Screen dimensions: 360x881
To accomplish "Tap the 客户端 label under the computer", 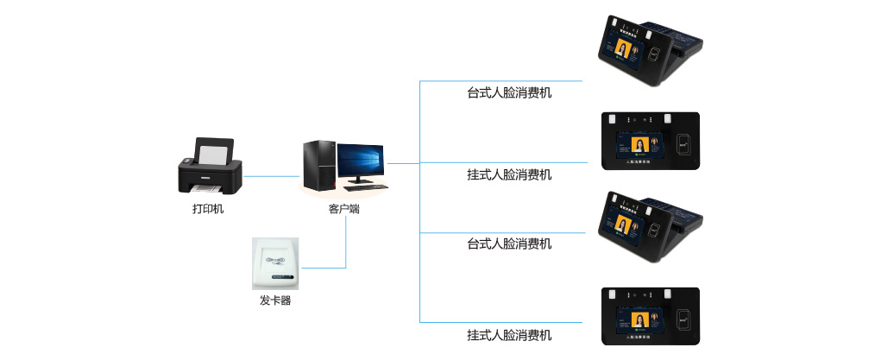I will pyautogui.click(x=344, y=208).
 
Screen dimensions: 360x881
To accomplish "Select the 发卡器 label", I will pyautogui.click(x=275, y=300).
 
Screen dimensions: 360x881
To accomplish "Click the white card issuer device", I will pyautogui.click(x=275, y=264).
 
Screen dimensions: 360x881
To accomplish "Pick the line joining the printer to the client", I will pyautogui.click(x=271, y=176).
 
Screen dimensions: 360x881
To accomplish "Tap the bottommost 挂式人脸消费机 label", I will pyautogui.click(x=509, y=335).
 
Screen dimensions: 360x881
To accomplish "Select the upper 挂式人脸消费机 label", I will pyautogui.click(x=509, y=174).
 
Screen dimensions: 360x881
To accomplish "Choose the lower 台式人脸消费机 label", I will pyautogui.click(x=509, y=243).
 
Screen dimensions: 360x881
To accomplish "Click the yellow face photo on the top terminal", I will pyautogui.click(x=621, y=53).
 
